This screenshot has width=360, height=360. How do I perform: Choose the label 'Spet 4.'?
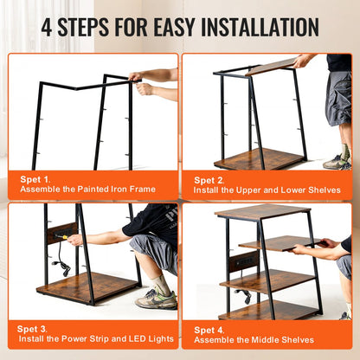[x=209, y=330]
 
